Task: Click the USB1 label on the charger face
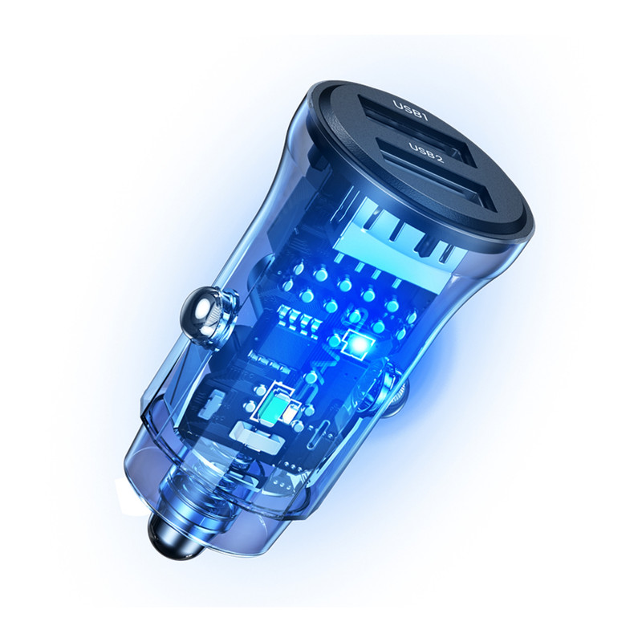click(x=410, y=111)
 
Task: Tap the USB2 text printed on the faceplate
click(x=426, y=153)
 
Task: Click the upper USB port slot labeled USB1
click(x=409, y=123)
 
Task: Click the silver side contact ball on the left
click(x=201, y=311)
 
